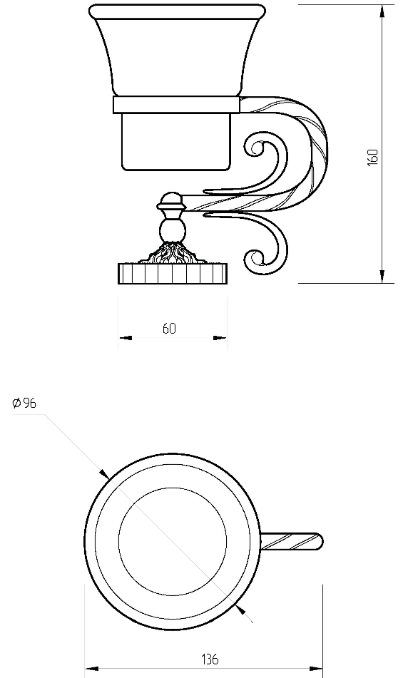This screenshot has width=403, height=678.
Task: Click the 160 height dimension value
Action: (372, 158)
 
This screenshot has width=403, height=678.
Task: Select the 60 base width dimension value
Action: (170, 329)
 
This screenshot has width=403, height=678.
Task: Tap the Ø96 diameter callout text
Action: (24, 404)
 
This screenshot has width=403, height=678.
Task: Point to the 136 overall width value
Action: (210, 659)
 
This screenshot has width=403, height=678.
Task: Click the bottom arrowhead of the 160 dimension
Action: (382, 277)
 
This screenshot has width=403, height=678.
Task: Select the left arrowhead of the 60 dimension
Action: (125, 338)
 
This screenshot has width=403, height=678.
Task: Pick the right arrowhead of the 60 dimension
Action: (220, 338)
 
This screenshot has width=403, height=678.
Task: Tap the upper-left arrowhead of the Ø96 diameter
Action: (104, 474)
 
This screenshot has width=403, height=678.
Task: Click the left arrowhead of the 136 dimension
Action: (91, 669)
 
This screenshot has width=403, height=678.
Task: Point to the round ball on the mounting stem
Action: (173, 230)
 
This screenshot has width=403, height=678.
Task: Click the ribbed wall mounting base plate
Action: (173, 274)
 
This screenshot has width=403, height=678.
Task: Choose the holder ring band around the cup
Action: (176, 105)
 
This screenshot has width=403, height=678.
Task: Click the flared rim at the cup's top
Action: (177, 11)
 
